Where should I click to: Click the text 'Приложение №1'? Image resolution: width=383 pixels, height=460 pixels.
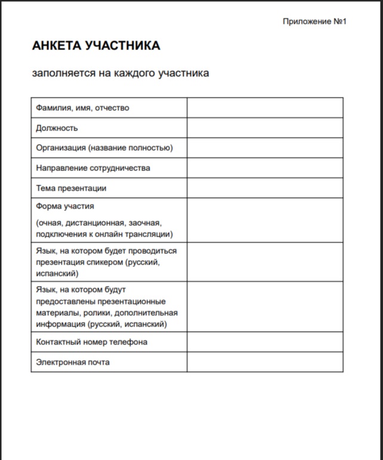[x=314, y=21]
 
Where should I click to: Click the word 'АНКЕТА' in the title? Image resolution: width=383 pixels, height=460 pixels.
[x=57, y=46]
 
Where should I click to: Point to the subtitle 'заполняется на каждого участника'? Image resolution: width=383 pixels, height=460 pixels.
[x=121, y=73]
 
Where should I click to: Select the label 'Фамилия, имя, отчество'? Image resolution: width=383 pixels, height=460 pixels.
[x=82, y=108]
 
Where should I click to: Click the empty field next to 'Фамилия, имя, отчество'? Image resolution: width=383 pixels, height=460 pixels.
[x=265, y=108]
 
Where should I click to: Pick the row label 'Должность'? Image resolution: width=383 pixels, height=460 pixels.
[x=57, y=128]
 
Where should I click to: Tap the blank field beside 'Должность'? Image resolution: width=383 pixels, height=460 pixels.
[x=265, y=128]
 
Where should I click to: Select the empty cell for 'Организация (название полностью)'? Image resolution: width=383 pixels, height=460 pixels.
[x=265, y=148]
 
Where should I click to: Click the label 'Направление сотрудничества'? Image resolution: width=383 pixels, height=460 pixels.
[x=93, y=168]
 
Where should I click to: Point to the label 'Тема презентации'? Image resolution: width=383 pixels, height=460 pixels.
[x=71, y=188]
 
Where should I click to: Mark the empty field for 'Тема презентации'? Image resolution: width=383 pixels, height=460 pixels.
[x=265, y=188]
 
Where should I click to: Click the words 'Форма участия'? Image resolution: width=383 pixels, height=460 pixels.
[x=65, y=206]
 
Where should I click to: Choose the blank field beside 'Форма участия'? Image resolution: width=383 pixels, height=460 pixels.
[x=265, y=220]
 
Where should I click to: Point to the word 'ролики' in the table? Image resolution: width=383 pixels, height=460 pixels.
[x=88, y=313]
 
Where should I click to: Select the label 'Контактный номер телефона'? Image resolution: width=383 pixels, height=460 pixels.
[x=91, y=342]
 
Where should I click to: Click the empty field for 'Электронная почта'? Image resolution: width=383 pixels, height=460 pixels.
[x=265, y=362]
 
